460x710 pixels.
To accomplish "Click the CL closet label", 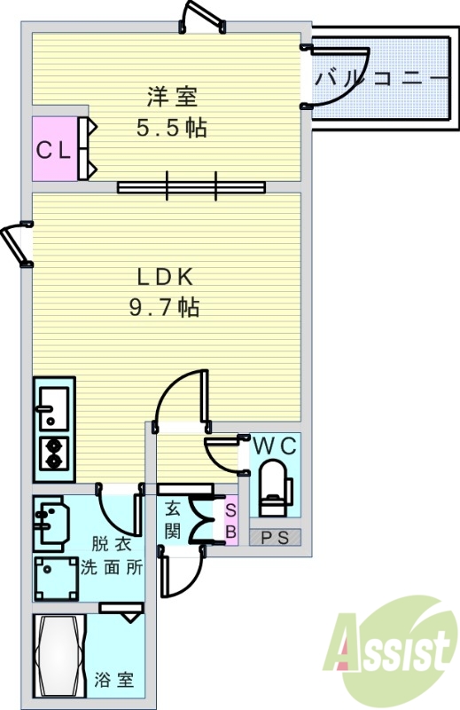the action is [x=53, y=150].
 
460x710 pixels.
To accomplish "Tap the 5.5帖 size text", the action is [x=172, y=129].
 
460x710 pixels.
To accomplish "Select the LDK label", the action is [x=166, y=277].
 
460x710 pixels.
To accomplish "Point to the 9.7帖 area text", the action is [x=165, y=307].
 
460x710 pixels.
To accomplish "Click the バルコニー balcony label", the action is [x=378, y=80].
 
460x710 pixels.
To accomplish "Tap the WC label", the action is [x=275, y=446].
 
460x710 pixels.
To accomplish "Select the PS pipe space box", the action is [x=276, y=538].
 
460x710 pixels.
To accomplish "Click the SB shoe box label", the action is [x=230, y=521].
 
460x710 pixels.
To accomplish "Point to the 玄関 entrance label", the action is [x=172, y=522].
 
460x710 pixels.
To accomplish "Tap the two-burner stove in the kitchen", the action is [x=54, y=454].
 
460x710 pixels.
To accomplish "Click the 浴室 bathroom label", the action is [x=114, y=680].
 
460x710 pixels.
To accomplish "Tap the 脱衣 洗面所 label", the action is [x=112, y=556].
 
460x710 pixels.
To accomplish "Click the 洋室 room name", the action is [x=172, y=97].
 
